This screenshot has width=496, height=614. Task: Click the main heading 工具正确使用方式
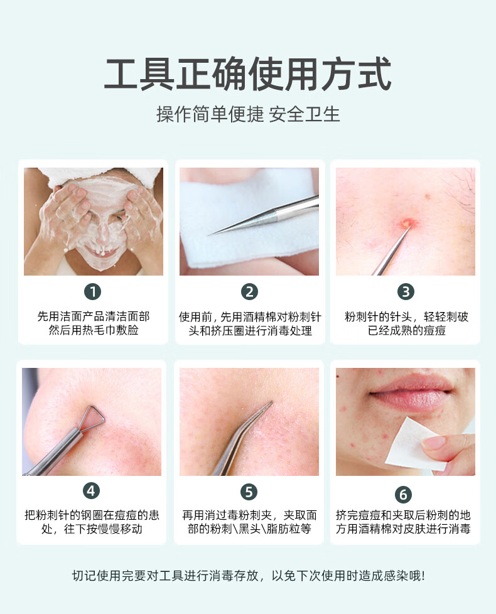(248, 74)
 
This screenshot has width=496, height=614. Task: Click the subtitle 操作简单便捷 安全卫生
(248, 114)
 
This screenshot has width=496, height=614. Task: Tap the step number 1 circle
(93, 292)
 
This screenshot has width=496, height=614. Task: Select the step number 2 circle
(249, 292)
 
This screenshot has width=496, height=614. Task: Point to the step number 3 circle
(406, 292)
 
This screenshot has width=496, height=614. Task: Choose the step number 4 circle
(91, 491)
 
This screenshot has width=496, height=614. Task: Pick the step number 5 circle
(249, 492)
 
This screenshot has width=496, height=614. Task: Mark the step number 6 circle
(403, 494)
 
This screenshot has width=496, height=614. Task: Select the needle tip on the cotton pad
(210, 235)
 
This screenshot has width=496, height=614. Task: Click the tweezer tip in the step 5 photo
(271, 402)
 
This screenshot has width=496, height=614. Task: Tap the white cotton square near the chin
(415, 444)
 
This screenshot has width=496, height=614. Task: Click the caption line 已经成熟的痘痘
(406, 330)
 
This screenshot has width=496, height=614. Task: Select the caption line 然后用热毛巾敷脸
(94, 330)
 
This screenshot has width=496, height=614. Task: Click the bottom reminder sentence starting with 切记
(248, 576)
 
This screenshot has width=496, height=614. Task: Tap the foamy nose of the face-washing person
(102, 232)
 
